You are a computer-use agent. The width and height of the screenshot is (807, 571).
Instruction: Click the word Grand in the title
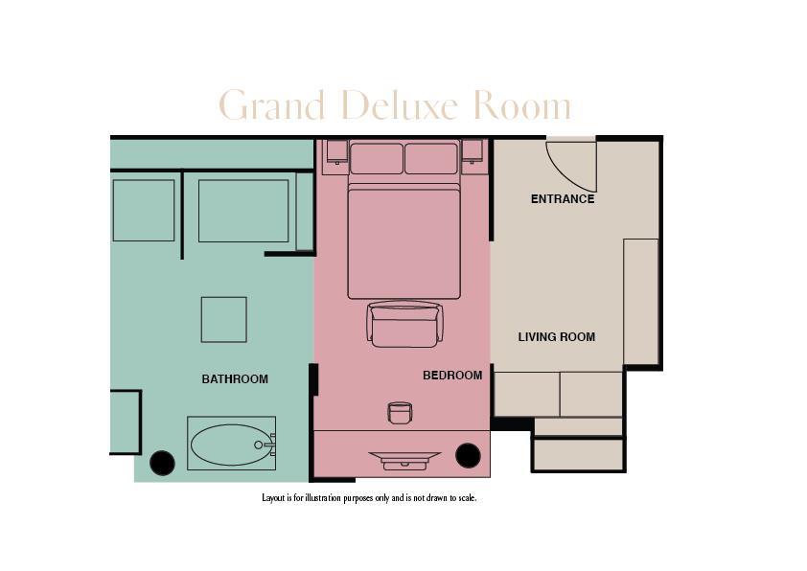click(272, 105)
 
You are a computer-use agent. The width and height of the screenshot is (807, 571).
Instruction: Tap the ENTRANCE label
click(563, 199)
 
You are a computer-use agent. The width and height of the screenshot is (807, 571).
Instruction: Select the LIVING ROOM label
click(557, 337)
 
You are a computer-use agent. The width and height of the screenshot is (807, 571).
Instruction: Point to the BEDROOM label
click(452, 376)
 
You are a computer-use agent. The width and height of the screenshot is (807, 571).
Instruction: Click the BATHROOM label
click(235, 379)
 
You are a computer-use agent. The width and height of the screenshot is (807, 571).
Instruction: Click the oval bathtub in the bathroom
click(230, 445)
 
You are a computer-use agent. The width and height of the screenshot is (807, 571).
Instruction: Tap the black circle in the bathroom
click(163, 463)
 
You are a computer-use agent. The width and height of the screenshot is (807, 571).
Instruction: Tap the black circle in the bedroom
click(468, 456)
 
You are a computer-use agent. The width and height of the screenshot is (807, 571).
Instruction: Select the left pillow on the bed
click(377, 158)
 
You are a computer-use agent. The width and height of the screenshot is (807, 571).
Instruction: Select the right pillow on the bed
click(431, 158)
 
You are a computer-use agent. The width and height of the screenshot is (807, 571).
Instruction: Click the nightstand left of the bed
click(336, 152)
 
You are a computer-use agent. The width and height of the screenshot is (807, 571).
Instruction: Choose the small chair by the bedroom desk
click(400, 413)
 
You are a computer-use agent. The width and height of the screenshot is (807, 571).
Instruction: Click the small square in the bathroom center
click(223, 319)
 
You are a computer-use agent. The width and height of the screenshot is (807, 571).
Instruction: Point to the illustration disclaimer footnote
click(369, 498)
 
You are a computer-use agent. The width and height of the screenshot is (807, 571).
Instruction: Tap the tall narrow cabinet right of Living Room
click(640, 301)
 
